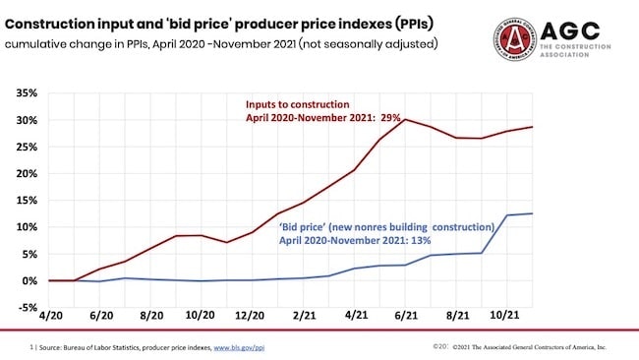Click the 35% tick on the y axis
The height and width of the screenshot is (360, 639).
(25, 93)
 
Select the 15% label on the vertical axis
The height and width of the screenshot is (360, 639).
(25, 200)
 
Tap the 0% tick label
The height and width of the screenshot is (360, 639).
(28, 280)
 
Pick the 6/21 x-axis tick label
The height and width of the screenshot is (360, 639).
(406, 320)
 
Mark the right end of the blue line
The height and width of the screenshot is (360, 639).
(534, 213)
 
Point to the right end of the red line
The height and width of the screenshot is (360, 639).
(534, 127)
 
